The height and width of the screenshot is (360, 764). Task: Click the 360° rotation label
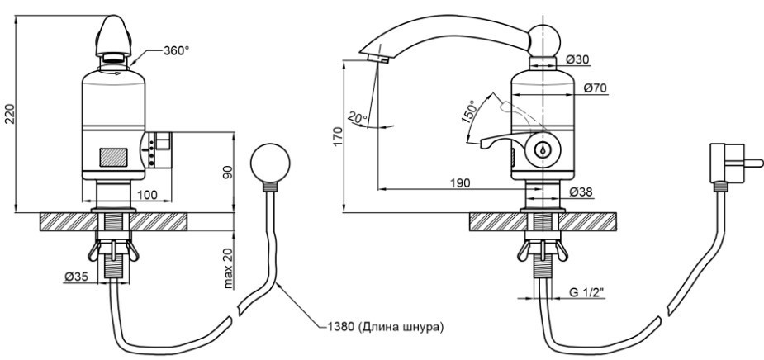pyautogui.click(x=176, y=50)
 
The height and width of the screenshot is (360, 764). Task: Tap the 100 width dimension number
pyautogui.click(x=148, y=195)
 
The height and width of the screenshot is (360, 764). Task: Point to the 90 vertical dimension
pyautogui.click(x=227, y=173)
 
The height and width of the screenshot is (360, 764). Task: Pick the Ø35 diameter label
pyautogui.click(x=75, y=277)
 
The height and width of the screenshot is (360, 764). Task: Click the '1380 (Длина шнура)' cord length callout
pyautogui.click(x=383, y=327)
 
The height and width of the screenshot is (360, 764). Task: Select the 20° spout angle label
pyautogui.click(x=358, y=117)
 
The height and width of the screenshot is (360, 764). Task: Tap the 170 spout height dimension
pyautogui.click(x=339, y=136)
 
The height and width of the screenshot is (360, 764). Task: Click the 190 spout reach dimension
pyautogui.click(x=460, y=182)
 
